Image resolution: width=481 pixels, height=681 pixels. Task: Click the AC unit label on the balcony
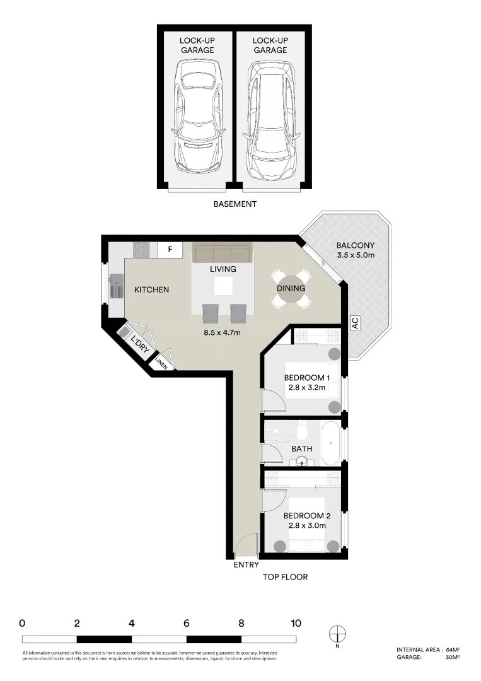click(x=355, y=323)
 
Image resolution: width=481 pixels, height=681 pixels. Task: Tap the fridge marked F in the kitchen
click(x=170, y=250)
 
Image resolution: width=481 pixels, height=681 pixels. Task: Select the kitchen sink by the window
click(x=117, y=286)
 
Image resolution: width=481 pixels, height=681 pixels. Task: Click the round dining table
click(x=290, y=288)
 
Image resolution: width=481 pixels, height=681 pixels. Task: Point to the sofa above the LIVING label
click(x=222, y=253)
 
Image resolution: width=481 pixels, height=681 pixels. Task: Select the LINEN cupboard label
click(x=161, y=364)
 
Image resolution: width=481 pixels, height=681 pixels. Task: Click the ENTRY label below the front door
click(x=246, y=565)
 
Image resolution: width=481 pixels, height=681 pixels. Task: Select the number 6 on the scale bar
click(x=187, y=624)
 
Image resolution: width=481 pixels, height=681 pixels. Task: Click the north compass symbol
click(x=338, y=634)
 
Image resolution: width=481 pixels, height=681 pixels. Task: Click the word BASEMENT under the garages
click(x=235, y=204)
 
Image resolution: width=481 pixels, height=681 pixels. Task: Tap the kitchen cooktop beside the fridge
click(x=141, y=250)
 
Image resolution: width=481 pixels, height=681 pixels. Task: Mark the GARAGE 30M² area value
click(x=451, y=657)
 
